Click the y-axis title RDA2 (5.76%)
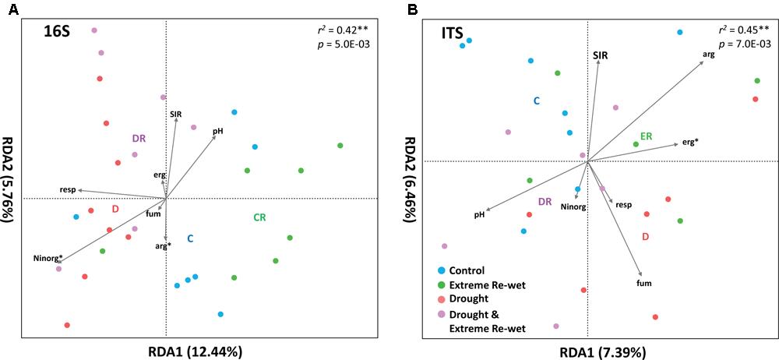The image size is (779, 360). coord(9,179)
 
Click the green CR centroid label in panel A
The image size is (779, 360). coord(260,217)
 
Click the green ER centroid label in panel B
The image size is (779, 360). coord(646,136)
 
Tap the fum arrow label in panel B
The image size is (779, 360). coord(643,284)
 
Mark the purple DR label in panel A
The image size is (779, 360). coord(139,138)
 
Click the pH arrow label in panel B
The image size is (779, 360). coord(480,214)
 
